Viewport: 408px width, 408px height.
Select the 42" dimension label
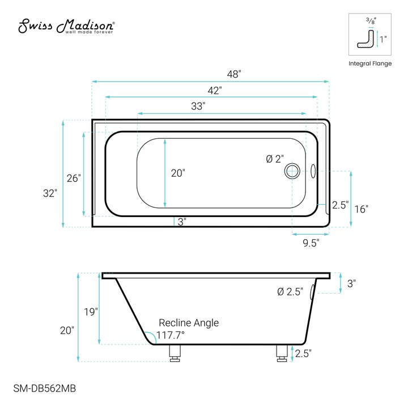(x=214, y=90)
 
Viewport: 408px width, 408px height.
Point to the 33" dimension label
(x=197, y=106)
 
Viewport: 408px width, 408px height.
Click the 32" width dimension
(x=50, y=193)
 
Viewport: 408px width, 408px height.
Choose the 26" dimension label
(x=74, y=178)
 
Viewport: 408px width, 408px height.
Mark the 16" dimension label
(x=361, y=209)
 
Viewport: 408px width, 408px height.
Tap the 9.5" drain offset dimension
(x=310, y=243)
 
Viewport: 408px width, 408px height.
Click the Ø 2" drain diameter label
(x=274, y=159)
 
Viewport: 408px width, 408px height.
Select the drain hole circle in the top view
(x=292, y=169)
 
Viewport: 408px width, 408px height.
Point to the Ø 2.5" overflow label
(x=290, y=292)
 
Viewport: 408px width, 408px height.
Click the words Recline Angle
(x=188, y=322)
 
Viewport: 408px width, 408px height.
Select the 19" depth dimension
(x=91, y=311)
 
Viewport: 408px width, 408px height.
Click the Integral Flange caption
(x=369, y=63)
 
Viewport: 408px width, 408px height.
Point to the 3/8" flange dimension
(x=369, y=21)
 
